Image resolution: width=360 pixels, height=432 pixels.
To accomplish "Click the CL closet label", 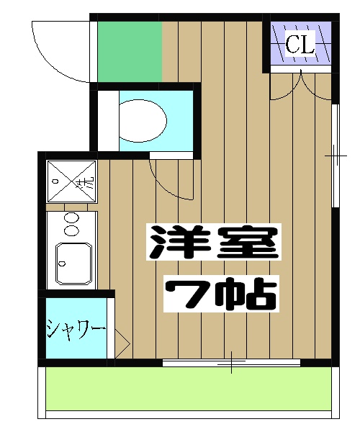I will tap(300, 44).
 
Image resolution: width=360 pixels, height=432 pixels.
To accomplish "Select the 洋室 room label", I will tap(212, 243).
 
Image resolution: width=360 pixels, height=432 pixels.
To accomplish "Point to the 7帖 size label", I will tap(220, 292).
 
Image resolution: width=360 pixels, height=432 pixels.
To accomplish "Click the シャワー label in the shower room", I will tap(76, 330).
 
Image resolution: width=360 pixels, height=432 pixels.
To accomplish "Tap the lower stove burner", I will tap(72, 230).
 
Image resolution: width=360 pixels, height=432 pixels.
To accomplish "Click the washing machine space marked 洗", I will tap(71, 182).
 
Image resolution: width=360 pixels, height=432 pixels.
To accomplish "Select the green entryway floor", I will tap(129, 51).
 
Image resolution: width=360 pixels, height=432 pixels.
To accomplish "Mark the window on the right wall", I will tap(335, 156).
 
